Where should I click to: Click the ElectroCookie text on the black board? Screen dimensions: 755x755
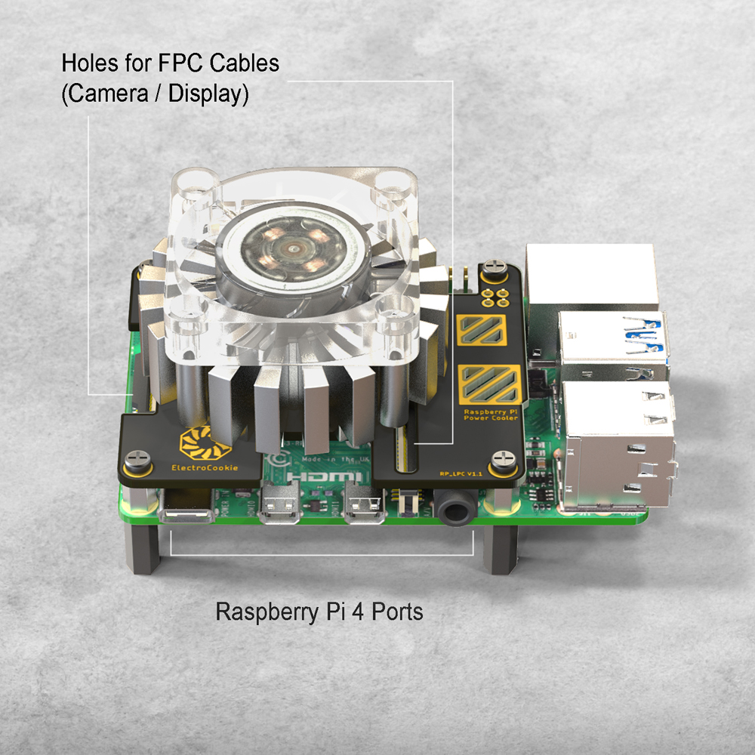click(x=204, y=467)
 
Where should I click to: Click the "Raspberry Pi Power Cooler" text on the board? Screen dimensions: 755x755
click(x=491, y=413)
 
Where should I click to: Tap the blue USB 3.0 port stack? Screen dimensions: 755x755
click(x=613, y=344)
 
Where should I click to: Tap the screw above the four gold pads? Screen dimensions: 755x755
click(x=494, y=267)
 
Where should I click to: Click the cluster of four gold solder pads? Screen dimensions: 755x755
click(x=495, y=295)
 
